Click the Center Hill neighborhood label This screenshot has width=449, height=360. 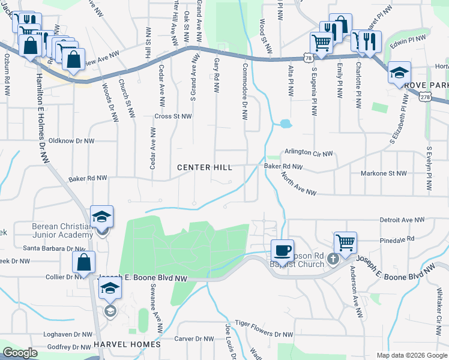coord(205,167)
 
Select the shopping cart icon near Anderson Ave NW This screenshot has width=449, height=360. coord(345,242)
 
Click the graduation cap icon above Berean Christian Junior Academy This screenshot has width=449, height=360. coord(101,217)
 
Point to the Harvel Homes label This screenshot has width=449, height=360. coord(127,344)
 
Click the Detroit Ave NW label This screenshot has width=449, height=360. coord(402,220)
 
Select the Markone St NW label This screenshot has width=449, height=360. coord(384,173)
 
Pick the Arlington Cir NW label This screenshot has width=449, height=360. coord(309,154)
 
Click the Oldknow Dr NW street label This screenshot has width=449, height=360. coord(71,141)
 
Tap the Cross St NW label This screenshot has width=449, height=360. coord(173,116)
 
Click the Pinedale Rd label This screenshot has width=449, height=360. coord(397,238)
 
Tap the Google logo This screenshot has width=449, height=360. coord(20,353)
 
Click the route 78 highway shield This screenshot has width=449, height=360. coord(308,58)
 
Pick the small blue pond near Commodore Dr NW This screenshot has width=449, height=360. coord(285,124)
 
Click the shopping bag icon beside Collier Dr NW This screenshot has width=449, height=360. coord(83,262)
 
